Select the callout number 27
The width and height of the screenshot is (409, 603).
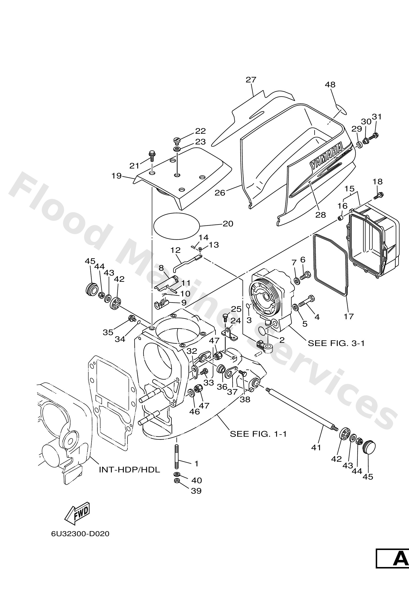[x=251, y=80]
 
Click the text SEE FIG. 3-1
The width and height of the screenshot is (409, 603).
[x=336, y=343]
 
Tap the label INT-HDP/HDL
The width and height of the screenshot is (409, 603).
[x=129, y=469]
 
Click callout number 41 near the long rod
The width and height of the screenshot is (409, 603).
[x=316, y=447]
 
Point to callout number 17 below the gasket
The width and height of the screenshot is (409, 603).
[x=349, y=316]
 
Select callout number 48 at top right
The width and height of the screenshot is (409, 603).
[x=330, y=85]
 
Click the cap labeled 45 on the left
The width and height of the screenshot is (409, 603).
[x=92, y=289]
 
